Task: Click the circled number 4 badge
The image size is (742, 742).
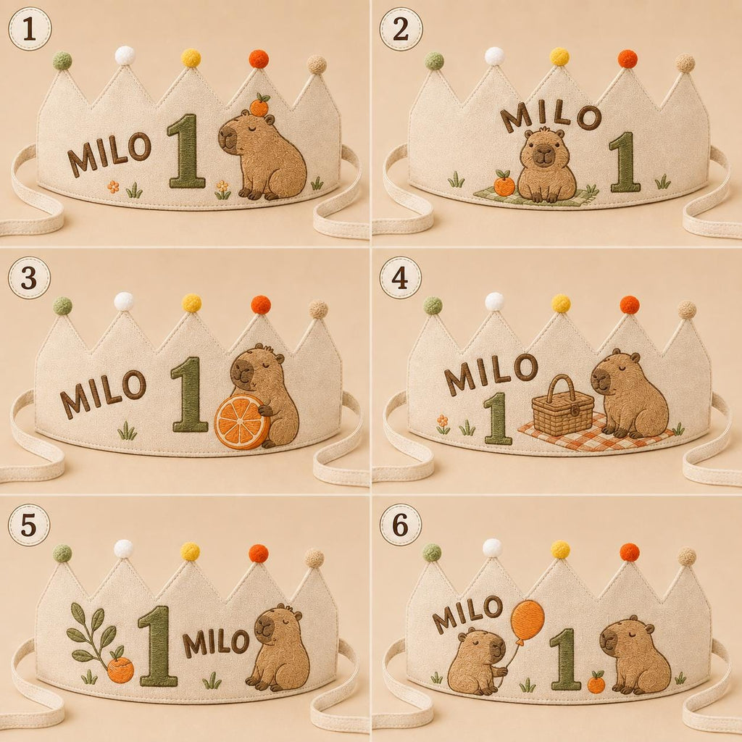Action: point(400,278)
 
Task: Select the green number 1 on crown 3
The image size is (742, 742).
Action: point(189,394)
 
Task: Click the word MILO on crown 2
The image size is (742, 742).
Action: point(551,117)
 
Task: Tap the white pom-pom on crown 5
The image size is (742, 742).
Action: point(123,549)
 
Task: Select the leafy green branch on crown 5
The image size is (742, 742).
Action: point(93,634)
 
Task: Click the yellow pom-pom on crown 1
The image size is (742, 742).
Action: point(191,58)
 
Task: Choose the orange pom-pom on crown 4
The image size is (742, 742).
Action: point(630,304)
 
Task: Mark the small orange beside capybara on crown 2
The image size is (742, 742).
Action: point(504,184)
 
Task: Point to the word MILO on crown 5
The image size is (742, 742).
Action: point(216,642)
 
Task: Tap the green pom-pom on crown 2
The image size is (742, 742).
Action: point(435,61)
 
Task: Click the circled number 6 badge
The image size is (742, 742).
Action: point(400,525)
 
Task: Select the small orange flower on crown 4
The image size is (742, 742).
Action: point(443,421)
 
